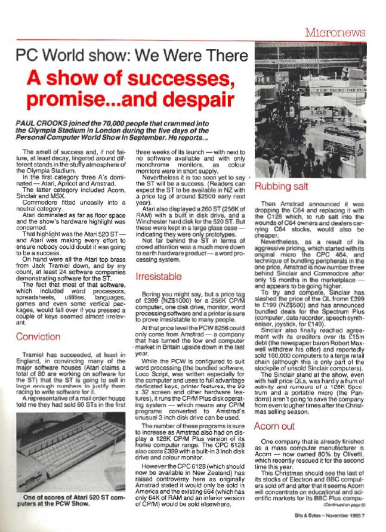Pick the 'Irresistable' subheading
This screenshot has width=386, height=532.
click(x=160, y=277)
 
